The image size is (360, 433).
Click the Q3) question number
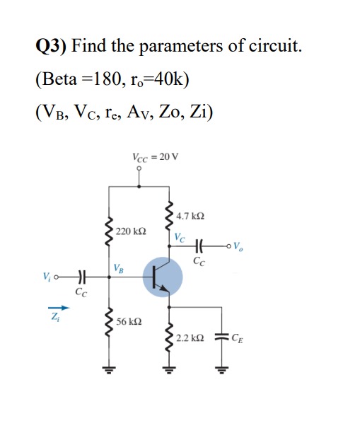[51, 47]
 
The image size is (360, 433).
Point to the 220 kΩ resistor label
[131, 231]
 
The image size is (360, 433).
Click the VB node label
[119, 267]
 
